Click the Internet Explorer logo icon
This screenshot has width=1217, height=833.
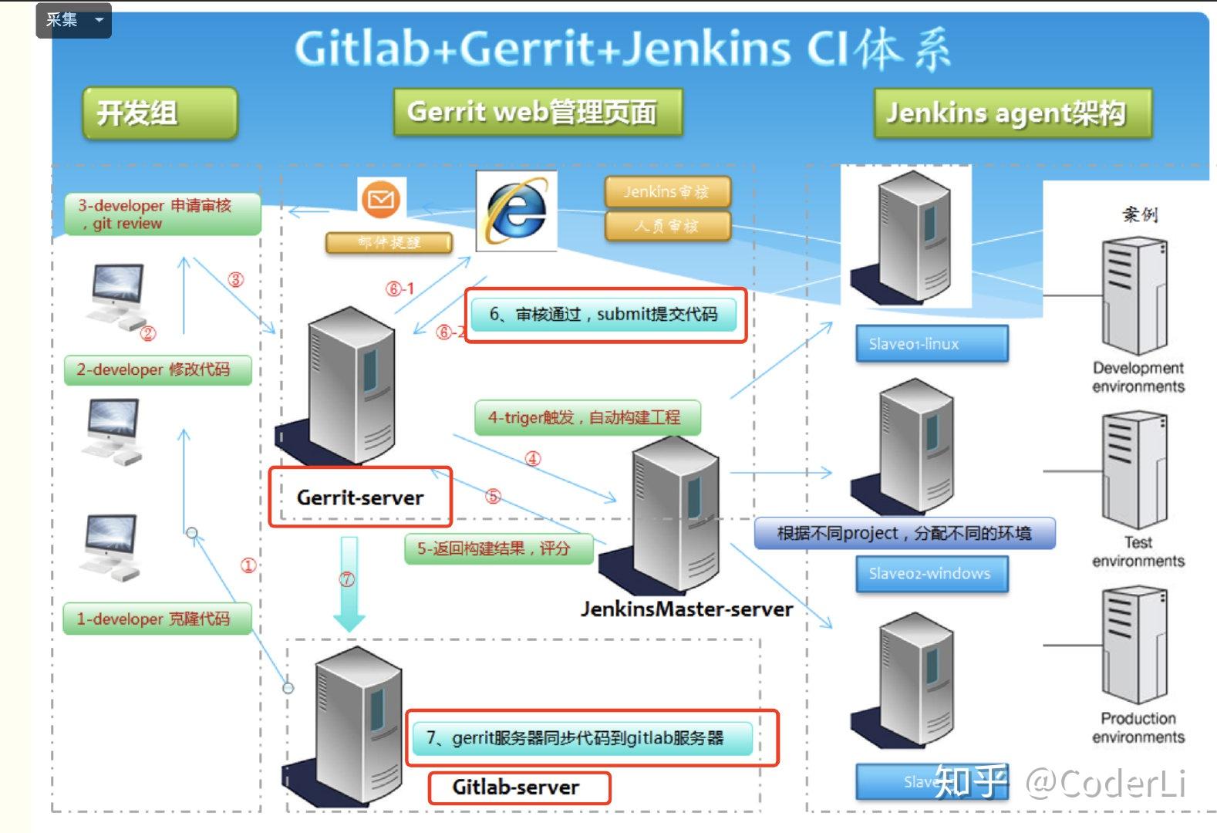click(516, 211)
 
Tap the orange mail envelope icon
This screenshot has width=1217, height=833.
click(381, 201)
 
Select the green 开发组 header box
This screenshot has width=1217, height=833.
click(159, 113)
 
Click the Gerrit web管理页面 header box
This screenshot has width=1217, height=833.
click(538, 113)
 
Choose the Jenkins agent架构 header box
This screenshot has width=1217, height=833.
click(1012, 113)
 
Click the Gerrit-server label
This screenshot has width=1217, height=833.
click(359, 497)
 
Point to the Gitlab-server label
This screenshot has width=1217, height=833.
click(516, 787)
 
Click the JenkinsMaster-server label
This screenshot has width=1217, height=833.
click(686, 609)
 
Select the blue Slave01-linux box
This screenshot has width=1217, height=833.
click(931, 344)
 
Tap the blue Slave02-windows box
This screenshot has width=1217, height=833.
click(931, 574)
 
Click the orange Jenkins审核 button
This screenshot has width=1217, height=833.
click(666, 192)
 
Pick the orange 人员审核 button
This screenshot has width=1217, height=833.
click(666, 226)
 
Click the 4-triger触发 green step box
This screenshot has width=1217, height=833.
click(587, 418)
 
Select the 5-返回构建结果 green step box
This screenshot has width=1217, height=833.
click(498, 549)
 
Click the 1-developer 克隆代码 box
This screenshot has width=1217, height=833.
click(157, 619)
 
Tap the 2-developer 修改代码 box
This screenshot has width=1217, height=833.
click(157, 369)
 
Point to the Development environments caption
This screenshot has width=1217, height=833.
click(1138, 377)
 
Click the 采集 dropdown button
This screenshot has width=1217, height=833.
click(73, 20)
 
